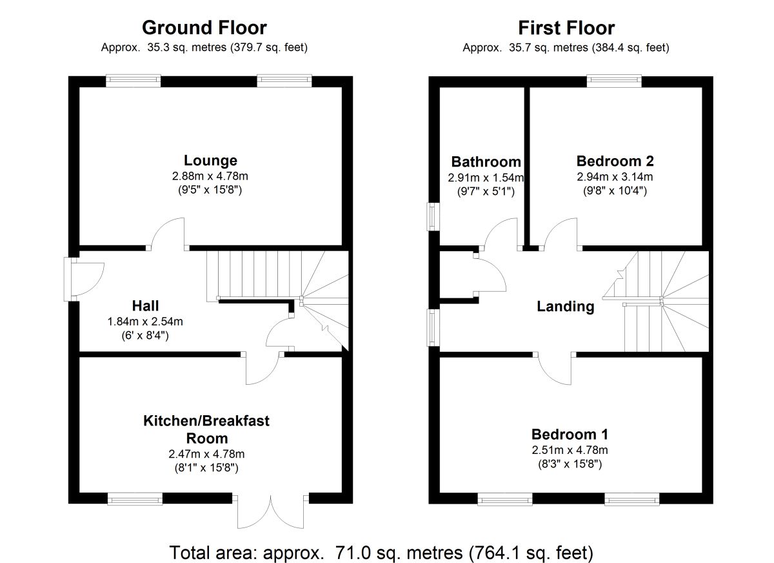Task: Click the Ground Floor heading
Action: tap(204, 28)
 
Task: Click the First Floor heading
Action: tap(566, 28)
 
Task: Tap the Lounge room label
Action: tap(210, 161)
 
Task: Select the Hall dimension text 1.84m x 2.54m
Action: tap(146, 321)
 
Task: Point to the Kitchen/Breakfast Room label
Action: tap(206, 429)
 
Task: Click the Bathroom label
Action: tap(486, 161)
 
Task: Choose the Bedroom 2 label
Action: tap(615, 161)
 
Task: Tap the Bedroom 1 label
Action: tap(570, 434)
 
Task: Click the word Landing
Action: tap(566, 307)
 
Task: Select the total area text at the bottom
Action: tap(381, 553)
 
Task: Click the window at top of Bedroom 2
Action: tap(614, 81)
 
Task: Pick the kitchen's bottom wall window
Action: tap(135, 498)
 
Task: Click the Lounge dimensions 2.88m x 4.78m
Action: tap(210, 176)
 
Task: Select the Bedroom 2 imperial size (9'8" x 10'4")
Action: tap(615, 190)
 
